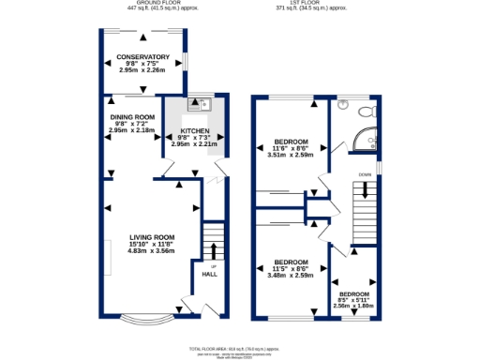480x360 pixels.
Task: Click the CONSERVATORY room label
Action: pos(142,56)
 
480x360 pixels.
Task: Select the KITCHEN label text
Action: pos(194,131)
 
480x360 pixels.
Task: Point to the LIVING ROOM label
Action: pos(153,237)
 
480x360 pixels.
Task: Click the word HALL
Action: pos(211,275)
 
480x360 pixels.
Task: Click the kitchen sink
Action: pos(199,104)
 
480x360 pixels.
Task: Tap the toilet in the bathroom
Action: pos(368,112)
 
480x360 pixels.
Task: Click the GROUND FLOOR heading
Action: pos(157,3)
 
